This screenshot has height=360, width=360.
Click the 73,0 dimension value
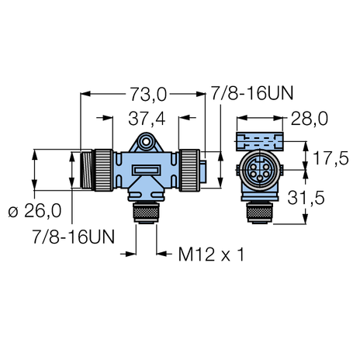pos(146,95)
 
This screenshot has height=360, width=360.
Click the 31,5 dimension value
pos(329,199)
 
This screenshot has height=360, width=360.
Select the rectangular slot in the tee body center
pos(145,169)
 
